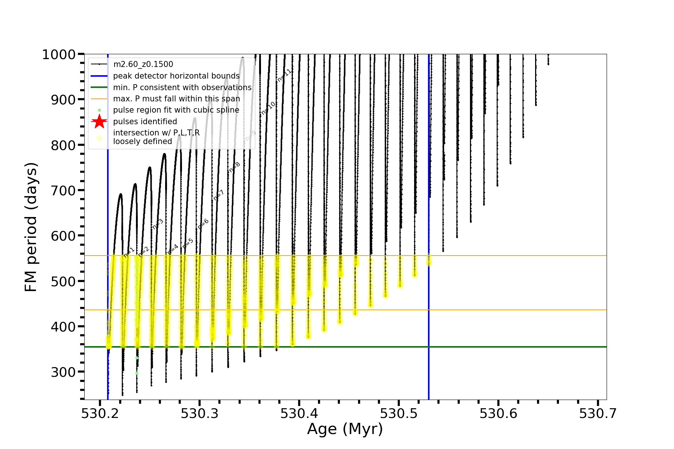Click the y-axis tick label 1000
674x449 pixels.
point(59,55)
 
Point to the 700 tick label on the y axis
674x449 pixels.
point(63,190)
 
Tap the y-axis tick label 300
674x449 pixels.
point(63,372)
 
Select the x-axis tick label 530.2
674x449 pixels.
point(100,413)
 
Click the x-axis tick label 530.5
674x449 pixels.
point(399,413)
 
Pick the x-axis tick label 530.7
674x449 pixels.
point(598,413)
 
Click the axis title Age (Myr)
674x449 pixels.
point(345,429)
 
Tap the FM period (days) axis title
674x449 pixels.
point(31,227)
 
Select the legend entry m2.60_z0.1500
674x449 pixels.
point(143,64)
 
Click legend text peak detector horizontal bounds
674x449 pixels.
point(176,76)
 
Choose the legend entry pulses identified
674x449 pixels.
point(145,122)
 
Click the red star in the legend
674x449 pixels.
point(99,122)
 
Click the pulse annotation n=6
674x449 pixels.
point(203,224)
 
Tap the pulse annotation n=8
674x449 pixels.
point(234,167)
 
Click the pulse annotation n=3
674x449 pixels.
point(158,224)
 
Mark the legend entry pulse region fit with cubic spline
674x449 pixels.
point(176,110)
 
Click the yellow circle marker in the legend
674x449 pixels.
point(99,138)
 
